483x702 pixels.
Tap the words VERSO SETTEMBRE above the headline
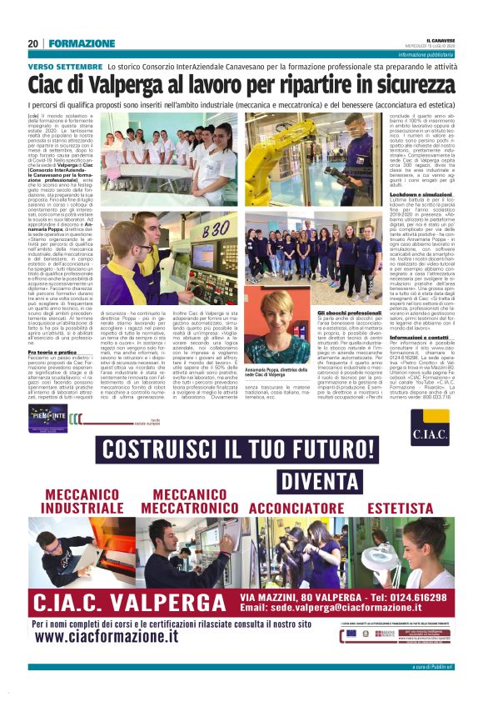coord(65,65)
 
